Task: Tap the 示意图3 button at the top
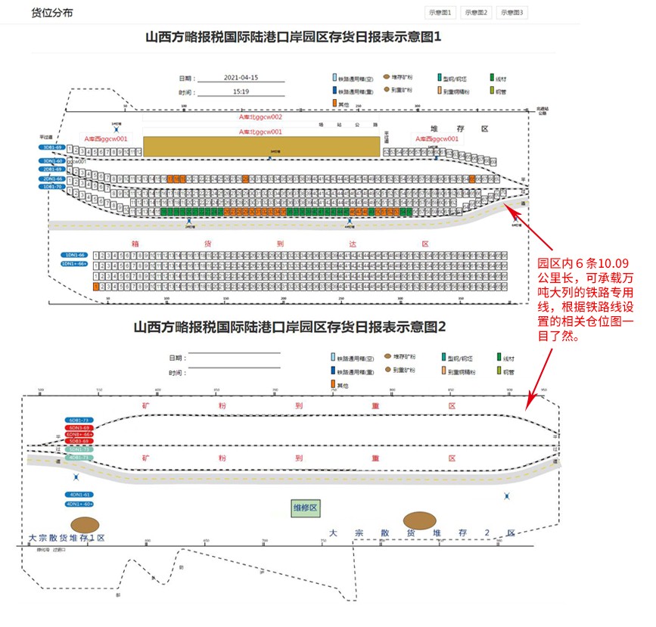(511, 13)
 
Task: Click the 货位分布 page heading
(52, 14)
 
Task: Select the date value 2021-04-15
(242, 78)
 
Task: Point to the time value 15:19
(241, 92)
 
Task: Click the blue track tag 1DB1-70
(52, 186)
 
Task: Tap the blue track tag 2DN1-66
(52, 178)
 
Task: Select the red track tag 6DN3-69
(79, 427)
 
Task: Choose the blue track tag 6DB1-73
(79, 420)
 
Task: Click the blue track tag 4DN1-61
(79, 495)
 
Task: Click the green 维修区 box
(307, 507)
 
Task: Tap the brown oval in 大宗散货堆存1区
(85, 525)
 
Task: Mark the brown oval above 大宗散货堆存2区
(419, 520)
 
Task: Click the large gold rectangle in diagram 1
(262, 147)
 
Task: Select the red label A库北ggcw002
(261, 118)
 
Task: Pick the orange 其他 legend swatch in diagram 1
(334, 102)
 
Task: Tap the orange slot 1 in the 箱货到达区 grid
(96, 287)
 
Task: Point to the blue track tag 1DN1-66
(74, 256)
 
